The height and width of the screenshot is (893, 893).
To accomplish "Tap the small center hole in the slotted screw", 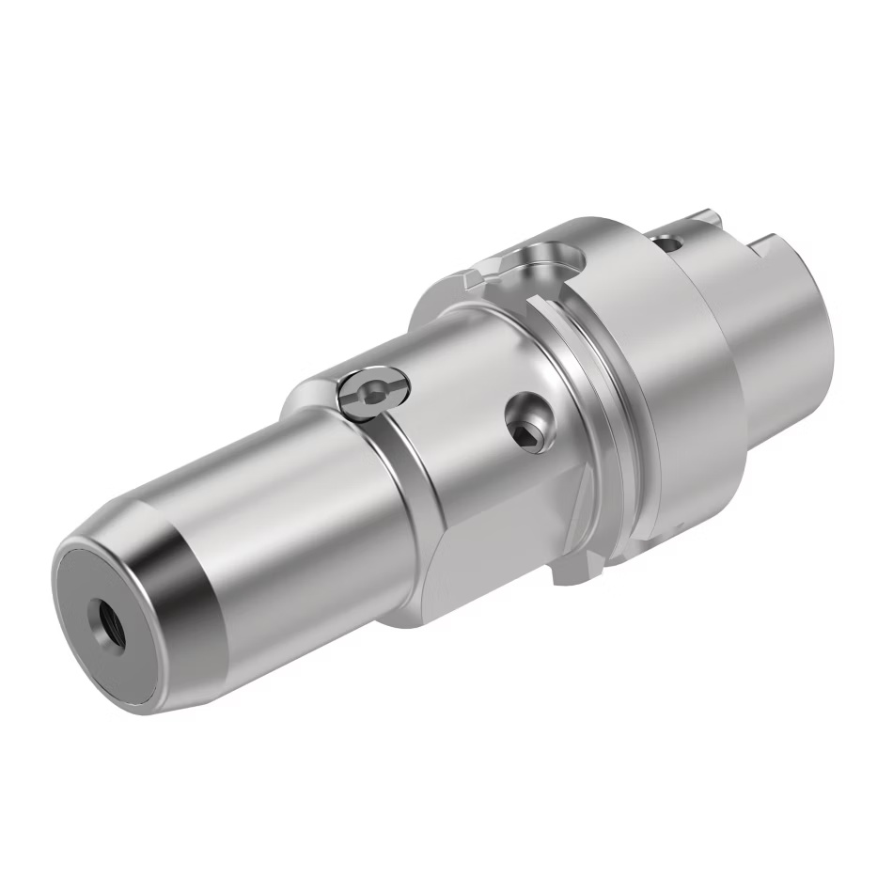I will pos(373,396).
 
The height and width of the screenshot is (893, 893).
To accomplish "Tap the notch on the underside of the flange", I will pos(573,569).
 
